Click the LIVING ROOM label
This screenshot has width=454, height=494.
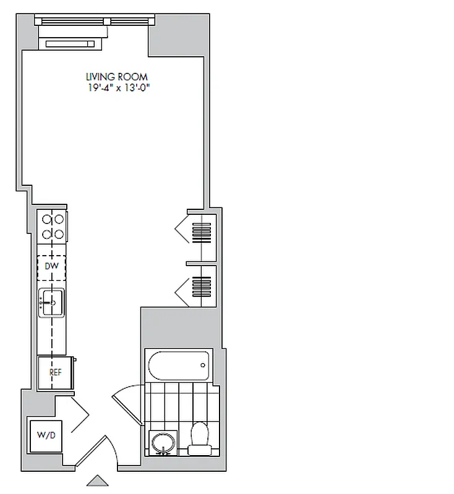(x=117, y=77)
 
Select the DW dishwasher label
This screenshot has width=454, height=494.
(x=52, y=266)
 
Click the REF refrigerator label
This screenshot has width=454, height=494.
(x=54, y=372)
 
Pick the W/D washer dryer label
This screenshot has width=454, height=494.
(x=46, y=435)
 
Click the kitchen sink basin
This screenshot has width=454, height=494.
(x=51, y=302)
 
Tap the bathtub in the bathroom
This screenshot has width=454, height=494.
(x=179, y=365)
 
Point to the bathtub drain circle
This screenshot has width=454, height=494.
(x=203, y=364)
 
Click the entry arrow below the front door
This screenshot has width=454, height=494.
(x=96, y=480)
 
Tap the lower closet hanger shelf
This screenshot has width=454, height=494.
(x=202, y=285)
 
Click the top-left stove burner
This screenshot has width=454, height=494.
(x=46, y=219)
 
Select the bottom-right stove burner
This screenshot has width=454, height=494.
(x=60, y=234)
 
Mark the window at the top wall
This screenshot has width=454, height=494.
(x=94, y=20)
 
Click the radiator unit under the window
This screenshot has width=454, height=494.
(x=70, y=43)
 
